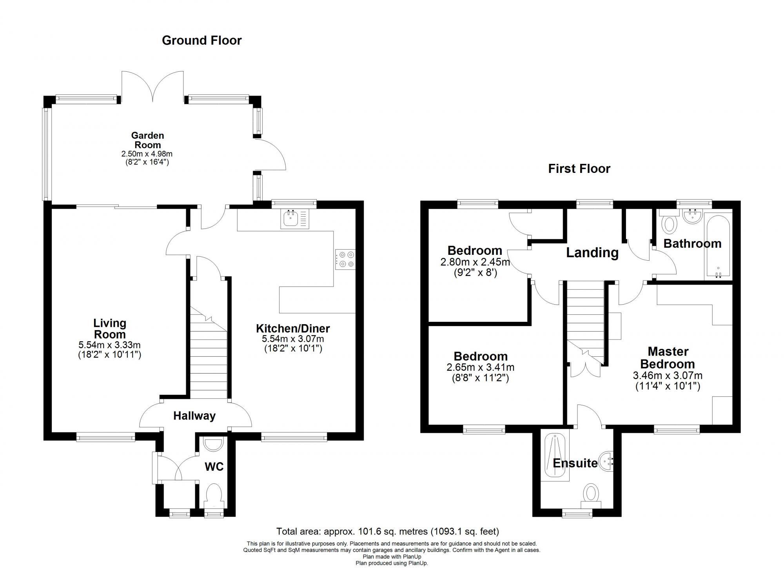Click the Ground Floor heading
click(x=201, y=40)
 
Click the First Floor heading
click(x=579, y=169)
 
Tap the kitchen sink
click(x=295, y=219)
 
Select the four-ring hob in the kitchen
click(x=345, y=260)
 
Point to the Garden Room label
click(x=147, y=140)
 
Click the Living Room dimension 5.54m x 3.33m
click(x=109, y=345)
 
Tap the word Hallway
click(x=194, y=416)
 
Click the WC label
click(x=214, y=467)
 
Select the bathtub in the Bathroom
click(x=718, y=246)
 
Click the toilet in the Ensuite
click(x=591, y=493)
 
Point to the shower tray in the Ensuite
click(x=554, y=457)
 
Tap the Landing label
click(x=592, y=253)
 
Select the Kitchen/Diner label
click(x=293, y=329)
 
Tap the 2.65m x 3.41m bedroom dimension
click(x=480, y=368)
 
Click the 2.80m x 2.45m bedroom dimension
click(x=475, y=262)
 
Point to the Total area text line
click(x=388, y=532)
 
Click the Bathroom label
click(x=692, y=244)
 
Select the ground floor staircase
click(x=208, y=353)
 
